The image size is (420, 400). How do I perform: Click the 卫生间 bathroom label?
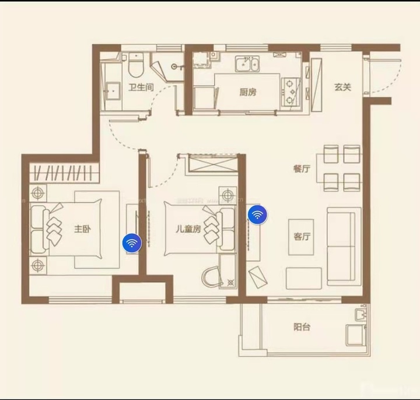141,88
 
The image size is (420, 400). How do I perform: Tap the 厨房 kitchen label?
248,92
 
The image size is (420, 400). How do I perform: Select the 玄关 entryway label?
342,87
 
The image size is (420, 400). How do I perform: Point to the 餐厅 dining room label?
302,169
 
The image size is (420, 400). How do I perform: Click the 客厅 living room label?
302,237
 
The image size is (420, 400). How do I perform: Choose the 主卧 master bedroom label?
82,229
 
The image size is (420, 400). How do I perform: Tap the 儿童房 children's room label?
188,229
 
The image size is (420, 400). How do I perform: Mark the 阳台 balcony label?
302,327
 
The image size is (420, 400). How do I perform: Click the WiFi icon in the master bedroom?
132,243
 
